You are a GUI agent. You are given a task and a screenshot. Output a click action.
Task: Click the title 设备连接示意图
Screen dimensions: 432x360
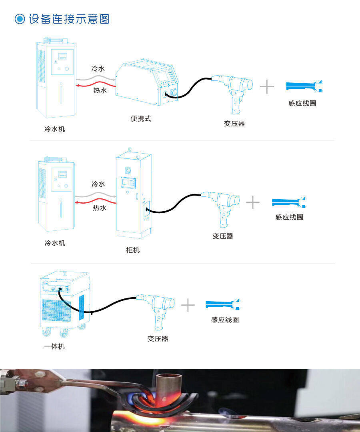pos(69,19)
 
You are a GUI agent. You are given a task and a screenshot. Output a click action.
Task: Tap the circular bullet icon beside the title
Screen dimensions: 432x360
pos(20,19)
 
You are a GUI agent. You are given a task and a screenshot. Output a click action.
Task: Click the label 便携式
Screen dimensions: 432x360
pos(141,118)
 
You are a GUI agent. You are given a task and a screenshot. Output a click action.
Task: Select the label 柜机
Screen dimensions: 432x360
pos(133,250)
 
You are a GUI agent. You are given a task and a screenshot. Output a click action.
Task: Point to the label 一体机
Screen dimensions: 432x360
pos(54,346)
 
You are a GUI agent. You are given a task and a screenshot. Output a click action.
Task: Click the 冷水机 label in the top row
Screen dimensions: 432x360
pos(54,129)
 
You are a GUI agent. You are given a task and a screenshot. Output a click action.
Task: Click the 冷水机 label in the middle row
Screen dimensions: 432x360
pos(54,243)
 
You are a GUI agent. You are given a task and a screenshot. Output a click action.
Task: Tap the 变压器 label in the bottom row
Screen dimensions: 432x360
pos(158,338)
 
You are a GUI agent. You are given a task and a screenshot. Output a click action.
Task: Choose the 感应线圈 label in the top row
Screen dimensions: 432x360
pos(302,103)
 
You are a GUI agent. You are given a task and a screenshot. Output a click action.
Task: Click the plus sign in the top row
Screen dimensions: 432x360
pos(267,87)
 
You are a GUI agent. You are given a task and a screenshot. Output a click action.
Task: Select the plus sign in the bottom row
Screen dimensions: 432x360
pos(188,305)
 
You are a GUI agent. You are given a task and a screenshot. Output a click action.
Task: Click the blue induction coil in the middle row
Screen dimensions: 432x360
pos(289,202)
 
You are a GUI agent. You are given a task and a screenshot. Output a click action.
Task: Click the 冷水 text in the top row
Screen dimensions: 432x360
pos(98,69)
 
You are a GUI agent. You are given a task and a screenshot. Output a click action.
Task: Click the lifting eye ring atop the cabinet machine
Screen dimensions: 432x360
pos(130,150)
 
